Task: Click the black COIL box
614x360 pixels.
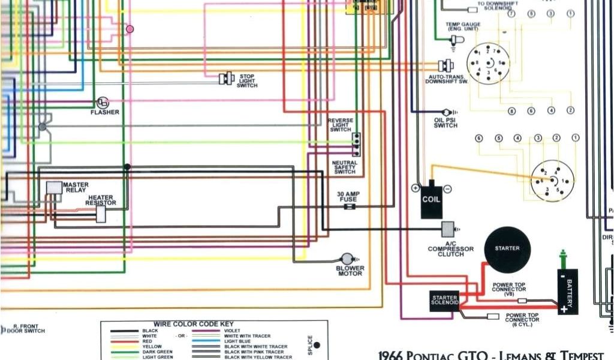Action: click(431, 199)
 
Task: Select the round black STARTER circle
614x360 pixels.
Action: click(507, 249)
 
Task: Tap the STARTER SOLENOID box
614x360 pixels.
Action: click(445, 301)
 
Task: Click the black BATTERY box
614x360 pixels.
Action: click(568, 292)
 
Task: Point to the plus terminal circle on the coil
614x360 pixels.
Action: click(415, 188)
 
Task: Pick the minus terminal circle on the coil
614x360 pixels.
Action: click(447, 188)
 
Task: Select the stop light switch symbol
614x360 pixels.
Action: click(227, 78)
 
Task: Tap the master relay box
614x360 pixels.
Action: click(54, 187)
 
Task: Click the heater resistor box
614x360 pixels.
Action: click(101, 214)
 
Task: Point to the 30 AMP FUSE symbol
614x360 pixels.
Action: click(348, 206)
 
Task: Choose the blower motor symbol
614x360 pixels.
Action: click(347, 259)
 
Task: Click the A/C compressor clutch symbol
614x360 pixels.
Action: click(448, 229)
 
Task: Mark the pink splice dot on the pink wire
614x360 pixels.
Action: click(130, 29)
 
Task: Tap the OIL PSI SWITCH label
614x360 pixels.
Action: click(446, 122)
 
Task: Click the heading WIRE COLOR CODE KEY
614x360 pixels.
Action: click(194, 324)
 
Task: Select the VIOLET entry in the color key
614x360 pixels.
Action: click(233, 331)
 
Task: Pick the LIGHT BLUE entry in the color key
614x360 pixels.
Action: click(237, 341)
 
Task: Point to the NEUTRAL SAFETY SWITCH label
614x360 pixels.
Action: click(345, 167)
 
